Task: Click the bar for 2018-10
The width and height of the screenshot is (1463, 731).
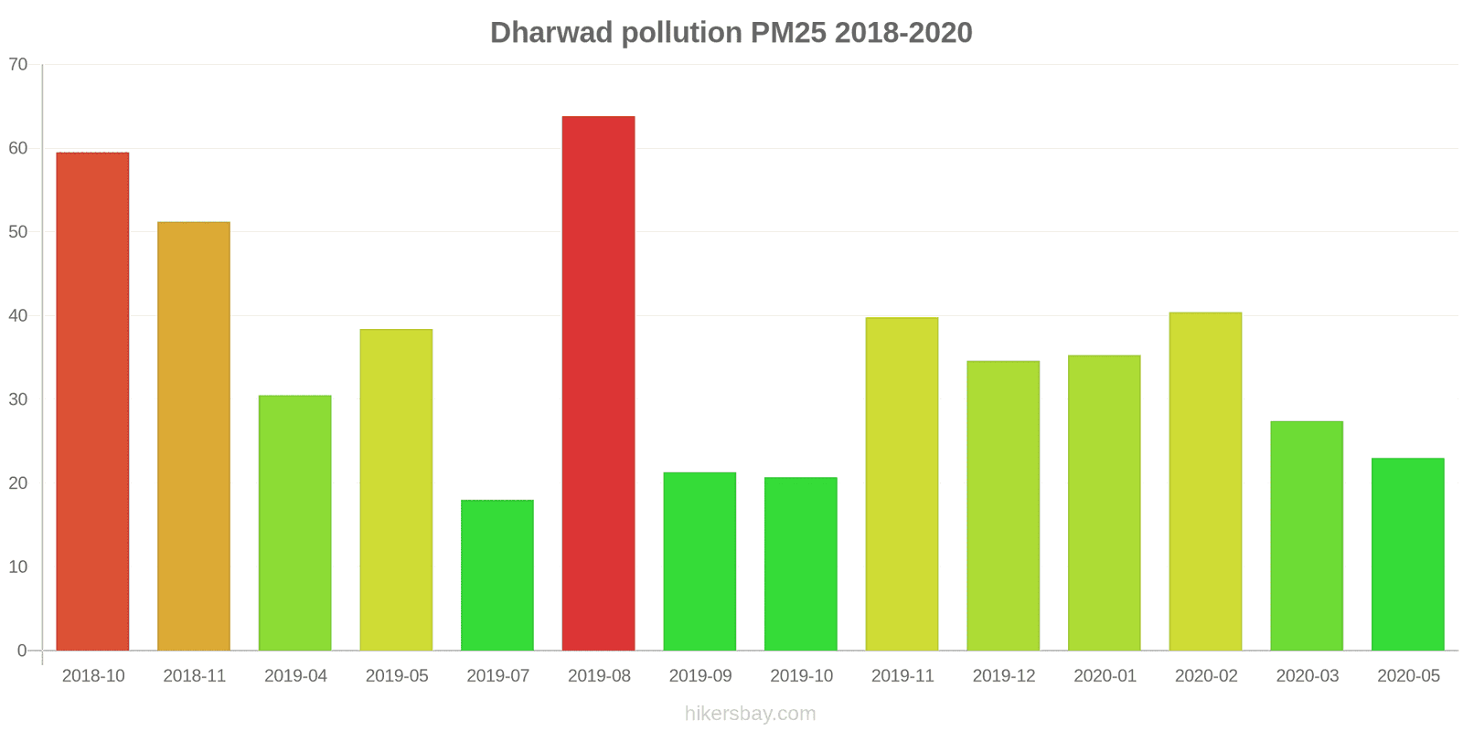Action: [x=92, y=402]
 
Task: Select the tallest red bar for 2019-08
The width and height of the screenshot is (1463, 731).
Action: [x=598, y=384]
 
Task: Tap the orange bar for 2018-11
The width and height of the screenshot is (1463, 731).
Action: [x=194, y=437]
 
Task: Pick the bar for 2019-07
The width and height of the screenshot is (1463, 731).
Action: [x=497, y=576]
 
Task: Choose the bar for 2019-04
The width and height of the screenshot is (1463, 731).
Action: [x=294, y=523]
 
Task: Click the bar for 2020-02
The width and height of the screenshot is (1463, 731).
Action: [x=1205, y=482]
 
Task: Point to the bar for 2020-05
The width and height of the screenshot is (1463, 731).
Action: [x=1407, y=555]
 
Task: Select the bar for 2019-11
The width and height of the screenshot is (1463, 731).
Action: [x=902, y=484]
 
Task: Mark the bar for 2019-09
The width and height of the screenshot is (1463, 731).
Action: [x=699, y=562]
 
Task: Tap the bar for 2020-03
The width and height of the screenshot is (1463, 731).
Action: [x=1307, y=536]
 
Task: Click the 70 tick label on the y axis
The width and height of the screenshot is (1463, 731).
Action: [x=18, y=65]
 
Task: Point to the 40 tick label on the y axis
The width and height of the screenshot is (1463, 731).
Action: [x=18, y=316]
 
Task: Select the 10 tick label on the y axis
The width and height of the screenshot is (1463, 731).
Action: [x=18, y=567]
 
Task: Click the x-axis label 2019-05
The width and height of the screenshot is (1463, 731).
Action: [x=397, y=676]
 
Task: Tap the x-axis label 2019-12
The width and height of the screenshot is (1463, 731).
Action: [x=1004, y=676]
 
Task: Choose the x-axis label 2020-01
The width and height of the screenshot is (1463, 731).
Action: [x=1105, y=676]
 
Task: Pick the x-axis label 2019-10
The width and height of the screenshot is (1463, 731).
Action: [x=801, y=676]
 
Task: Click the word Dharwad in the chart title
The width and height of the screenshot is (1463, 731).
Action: [x=551, y=33]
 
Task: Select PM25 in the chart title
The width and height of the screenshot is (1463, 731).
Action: [x=788, y=33]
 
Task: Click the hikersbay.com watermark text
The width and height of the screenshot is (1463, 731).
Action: [x=750, y=714]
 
